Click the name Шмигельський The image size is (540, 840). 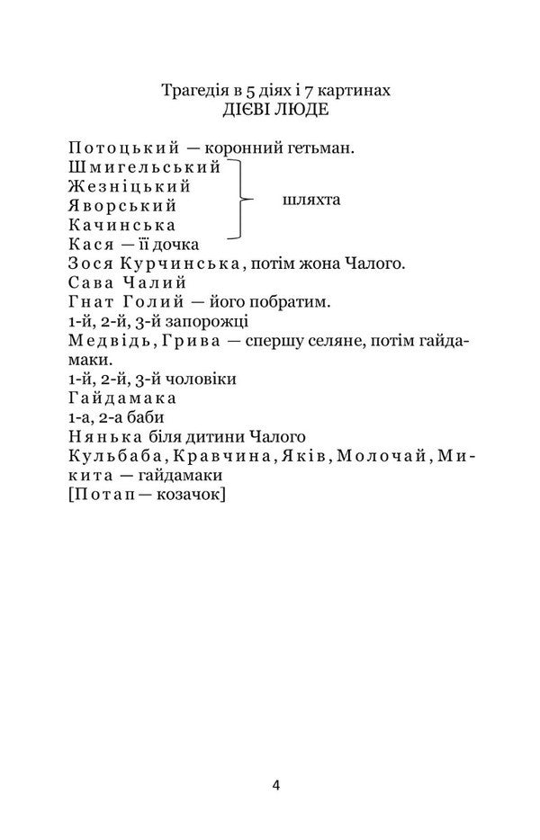(144, 168)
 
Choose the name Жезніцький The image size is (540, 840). (130, 187)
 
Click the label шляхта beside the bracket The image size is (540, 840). (311, 199)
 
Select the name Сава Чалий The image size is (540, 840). (126, 283)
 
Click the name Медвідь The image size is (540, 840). (103, 340)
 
